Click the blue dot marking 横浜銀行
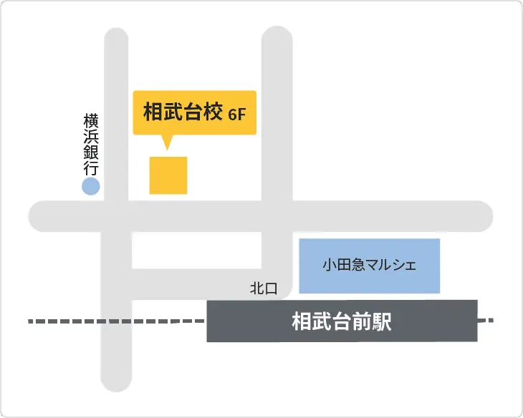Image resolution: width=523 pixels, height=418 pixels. click(90, 188)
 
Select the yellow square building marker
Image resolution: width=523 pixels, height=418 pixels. click(168, 175)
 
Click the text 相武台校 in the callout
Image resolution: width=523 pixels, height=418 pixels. click(183, 112)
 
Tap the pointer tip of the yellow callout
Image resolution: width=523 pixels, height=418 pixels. click(168, 148)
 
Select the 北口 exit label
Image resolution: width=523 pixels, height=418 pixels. click(263, 289)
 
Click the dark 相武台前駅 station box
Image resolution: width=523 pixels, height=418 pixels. click(342, 321)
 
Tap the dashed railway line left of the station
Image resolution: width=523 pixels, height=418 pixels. click(115, 321)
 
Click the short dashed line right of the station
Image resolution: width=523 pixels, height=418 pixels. click(486, 320)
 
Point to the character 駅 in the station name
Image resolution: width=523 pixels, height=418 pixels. click(382, 321)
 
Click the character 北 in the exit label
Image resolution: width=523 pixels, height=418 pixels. click(256, 289)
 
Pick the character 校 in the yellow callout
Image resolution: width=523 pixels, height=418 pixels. click(213, 112)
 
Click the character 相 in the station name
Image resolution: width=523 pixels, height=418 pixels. click(302, 321)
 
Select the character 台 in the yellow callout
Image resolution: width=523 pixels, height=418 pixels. click(193, 112)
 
